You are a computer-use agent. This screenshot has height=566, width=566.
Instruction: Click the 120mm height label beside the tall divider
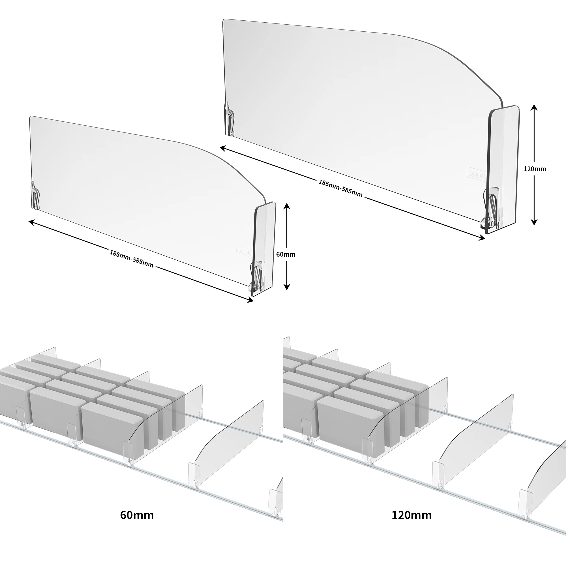click(x=535, y=169)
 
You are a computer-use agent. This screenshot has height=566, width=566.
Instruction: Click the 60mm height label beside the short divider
click(x=286, y=254)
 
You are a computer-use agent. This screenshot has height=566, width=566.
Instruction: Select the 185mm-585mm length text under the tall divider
click(x=340, y=188)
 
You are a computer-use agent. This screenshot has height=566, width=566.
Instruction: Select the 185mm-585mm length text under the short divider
click(x=131, y=259)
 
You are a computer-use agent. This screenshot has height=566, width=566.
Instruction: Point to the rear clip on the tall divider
click(x=229, y=119)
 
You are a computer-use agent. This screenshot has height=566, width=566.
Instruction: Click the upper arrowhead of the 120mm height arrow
click(x=534, y=107)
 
